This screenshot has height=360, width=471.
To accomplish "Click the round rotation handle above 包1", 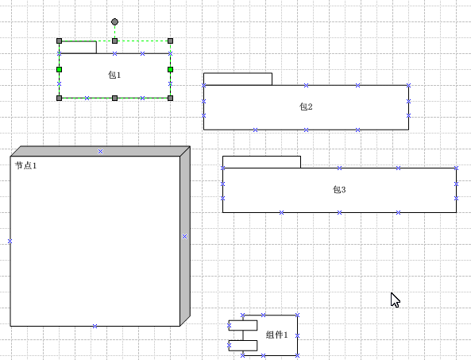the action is click(x=114, y=21).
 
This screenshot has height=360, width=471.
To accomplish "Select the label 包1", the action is click(x=114, y=75).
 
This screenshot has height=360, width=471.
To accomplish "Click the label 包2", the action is click(x=306, y=106).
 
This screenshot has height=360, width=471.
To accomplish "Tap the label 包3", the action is click(x=339, y=189).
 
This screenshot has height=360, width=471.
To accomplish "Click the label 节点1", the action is click(x=26, y=165).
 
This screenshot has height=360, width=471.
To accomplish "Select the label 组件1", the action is click(x=277, y=335).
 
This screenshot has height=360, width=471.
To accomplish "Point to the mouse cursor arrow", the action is click(x=395, y=300).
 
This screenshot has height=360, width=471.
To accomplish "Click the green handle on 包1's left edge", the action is click(x=60, y=70).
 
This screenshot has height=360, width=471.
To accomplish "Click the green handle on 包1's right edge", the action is click(x=170, y=70).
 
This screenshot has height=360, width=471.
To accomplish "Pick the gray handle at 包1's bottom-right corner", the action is click(x=170, y=98).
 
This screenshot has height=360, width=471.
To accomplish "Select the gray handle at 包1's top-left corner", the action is click(x=60, y=41).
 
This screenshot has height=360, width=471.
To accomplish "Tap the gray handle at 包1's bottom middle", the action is click(x=114, y=98).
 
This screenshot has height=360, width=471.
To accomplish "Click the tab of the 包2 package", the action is click(x=238, y=79).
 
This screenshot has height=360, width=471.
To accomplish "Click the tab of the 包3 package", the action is click(x=261, y=162).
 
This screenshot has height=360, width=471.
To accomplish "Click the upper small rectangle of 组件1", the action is click(x=243, y=326).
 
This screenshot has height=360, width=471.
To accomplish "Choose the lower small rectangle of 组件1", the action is click(x=243, y=346).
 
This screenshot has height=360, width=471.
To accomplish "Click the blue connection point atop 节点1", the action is click(x=100, y=152).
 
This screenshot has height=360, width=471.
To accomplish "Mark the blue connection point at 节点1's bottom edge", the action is click(x=95, y=326).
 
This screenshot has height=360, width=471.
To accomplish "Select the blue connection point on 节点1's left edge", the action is click(x=10, y=242).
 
